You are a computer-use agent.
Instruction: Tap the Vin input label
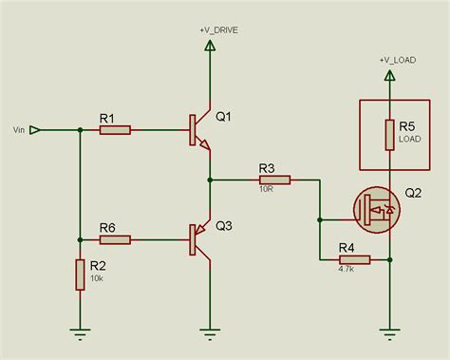click(x=15, y=129)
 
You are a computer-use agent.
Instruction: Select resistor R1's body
click(x=115, y=129)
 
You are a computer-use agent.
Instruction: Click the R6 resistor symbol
click(x=115, y=239)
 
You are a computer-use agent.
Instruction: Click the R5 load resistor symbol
click(x=389, y=135)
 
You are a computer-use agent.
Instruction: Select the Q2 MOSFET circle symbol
click(x=375, y=209)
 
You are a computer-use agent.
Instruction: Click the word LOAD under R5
click(x=409, y=139)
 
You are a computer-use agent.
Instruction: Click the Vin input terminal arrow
click(x=35, y=129)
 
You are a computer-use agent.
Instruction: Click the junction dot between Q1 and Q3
click(x=209, y=179)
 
